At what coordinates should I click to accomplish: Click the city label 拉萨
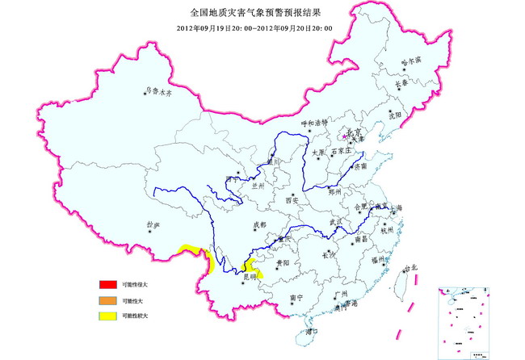(151, 225)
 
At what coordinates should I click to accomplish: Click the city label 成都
(258, 225)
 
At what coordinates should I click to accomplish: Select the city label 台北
(411, 266)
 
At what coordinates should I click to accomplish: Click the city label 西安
(291, 200)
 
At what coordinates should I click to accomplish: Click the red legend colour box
(104, 285)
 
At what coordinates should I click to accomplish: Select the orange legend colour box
(104, 300)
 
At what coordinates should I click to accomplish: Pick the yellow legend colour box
(104, 316)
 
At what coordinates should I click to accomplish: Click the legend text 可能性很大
(135, 285)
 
